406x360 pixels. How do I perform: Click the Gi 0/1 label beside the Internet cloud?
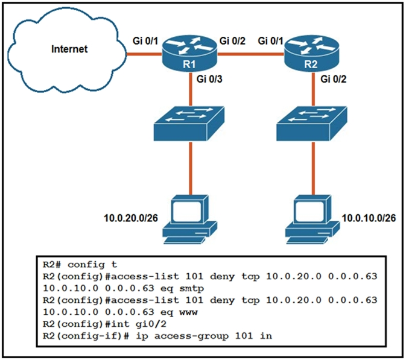145,40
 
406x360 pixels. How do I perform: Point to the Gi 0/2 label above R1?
233,40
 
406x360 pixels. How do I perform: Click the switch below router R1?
189,123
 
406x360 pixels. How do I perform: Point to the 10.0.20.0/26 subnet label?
128,215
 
